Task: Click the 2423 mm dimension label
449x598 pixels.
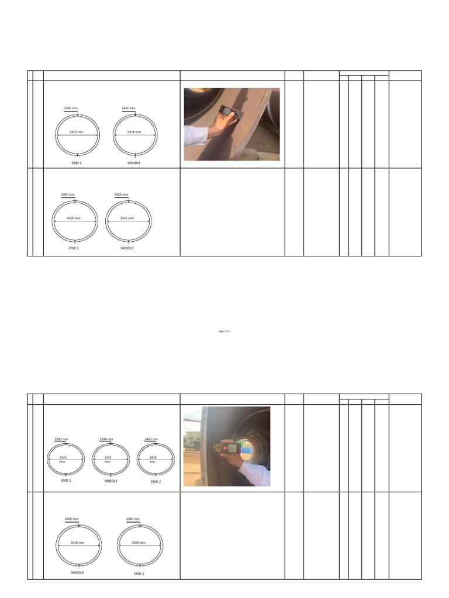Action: click(x=77, y=133)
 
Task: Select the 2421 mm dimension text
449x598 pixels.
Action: click(x=127, y=218)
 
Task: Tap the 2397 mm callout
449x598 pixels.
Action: click(x=61, y=439)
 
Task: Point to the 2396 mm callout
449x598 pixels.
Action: click(x=106, y=439)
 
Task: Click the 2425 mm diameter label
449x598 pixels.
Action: click(x=107, y=458)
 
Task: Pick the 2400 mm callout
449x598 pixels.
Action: click(x=71, y=519)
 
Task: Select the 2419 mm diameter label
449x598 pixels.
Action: click(x=78, y=543)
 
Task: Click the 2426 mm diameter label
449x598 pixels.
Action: click(x=139, y=543)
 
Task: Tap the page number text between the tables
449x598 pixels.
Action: click(x=224, y=331)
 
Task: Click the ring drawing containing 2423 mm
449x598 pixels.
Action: click(x=77, y=134)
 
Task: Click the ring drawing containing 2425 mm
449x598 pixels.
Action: click(x=111, y=460)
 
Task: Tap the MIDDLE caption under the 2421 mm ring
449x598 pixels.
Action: click(x=127, y=248)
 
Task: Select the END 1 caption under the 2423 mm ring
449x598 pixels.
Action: click(x=77, y=163)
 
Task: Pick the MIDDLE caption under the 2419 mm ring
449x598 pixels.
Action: click(x=78, y=573)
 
